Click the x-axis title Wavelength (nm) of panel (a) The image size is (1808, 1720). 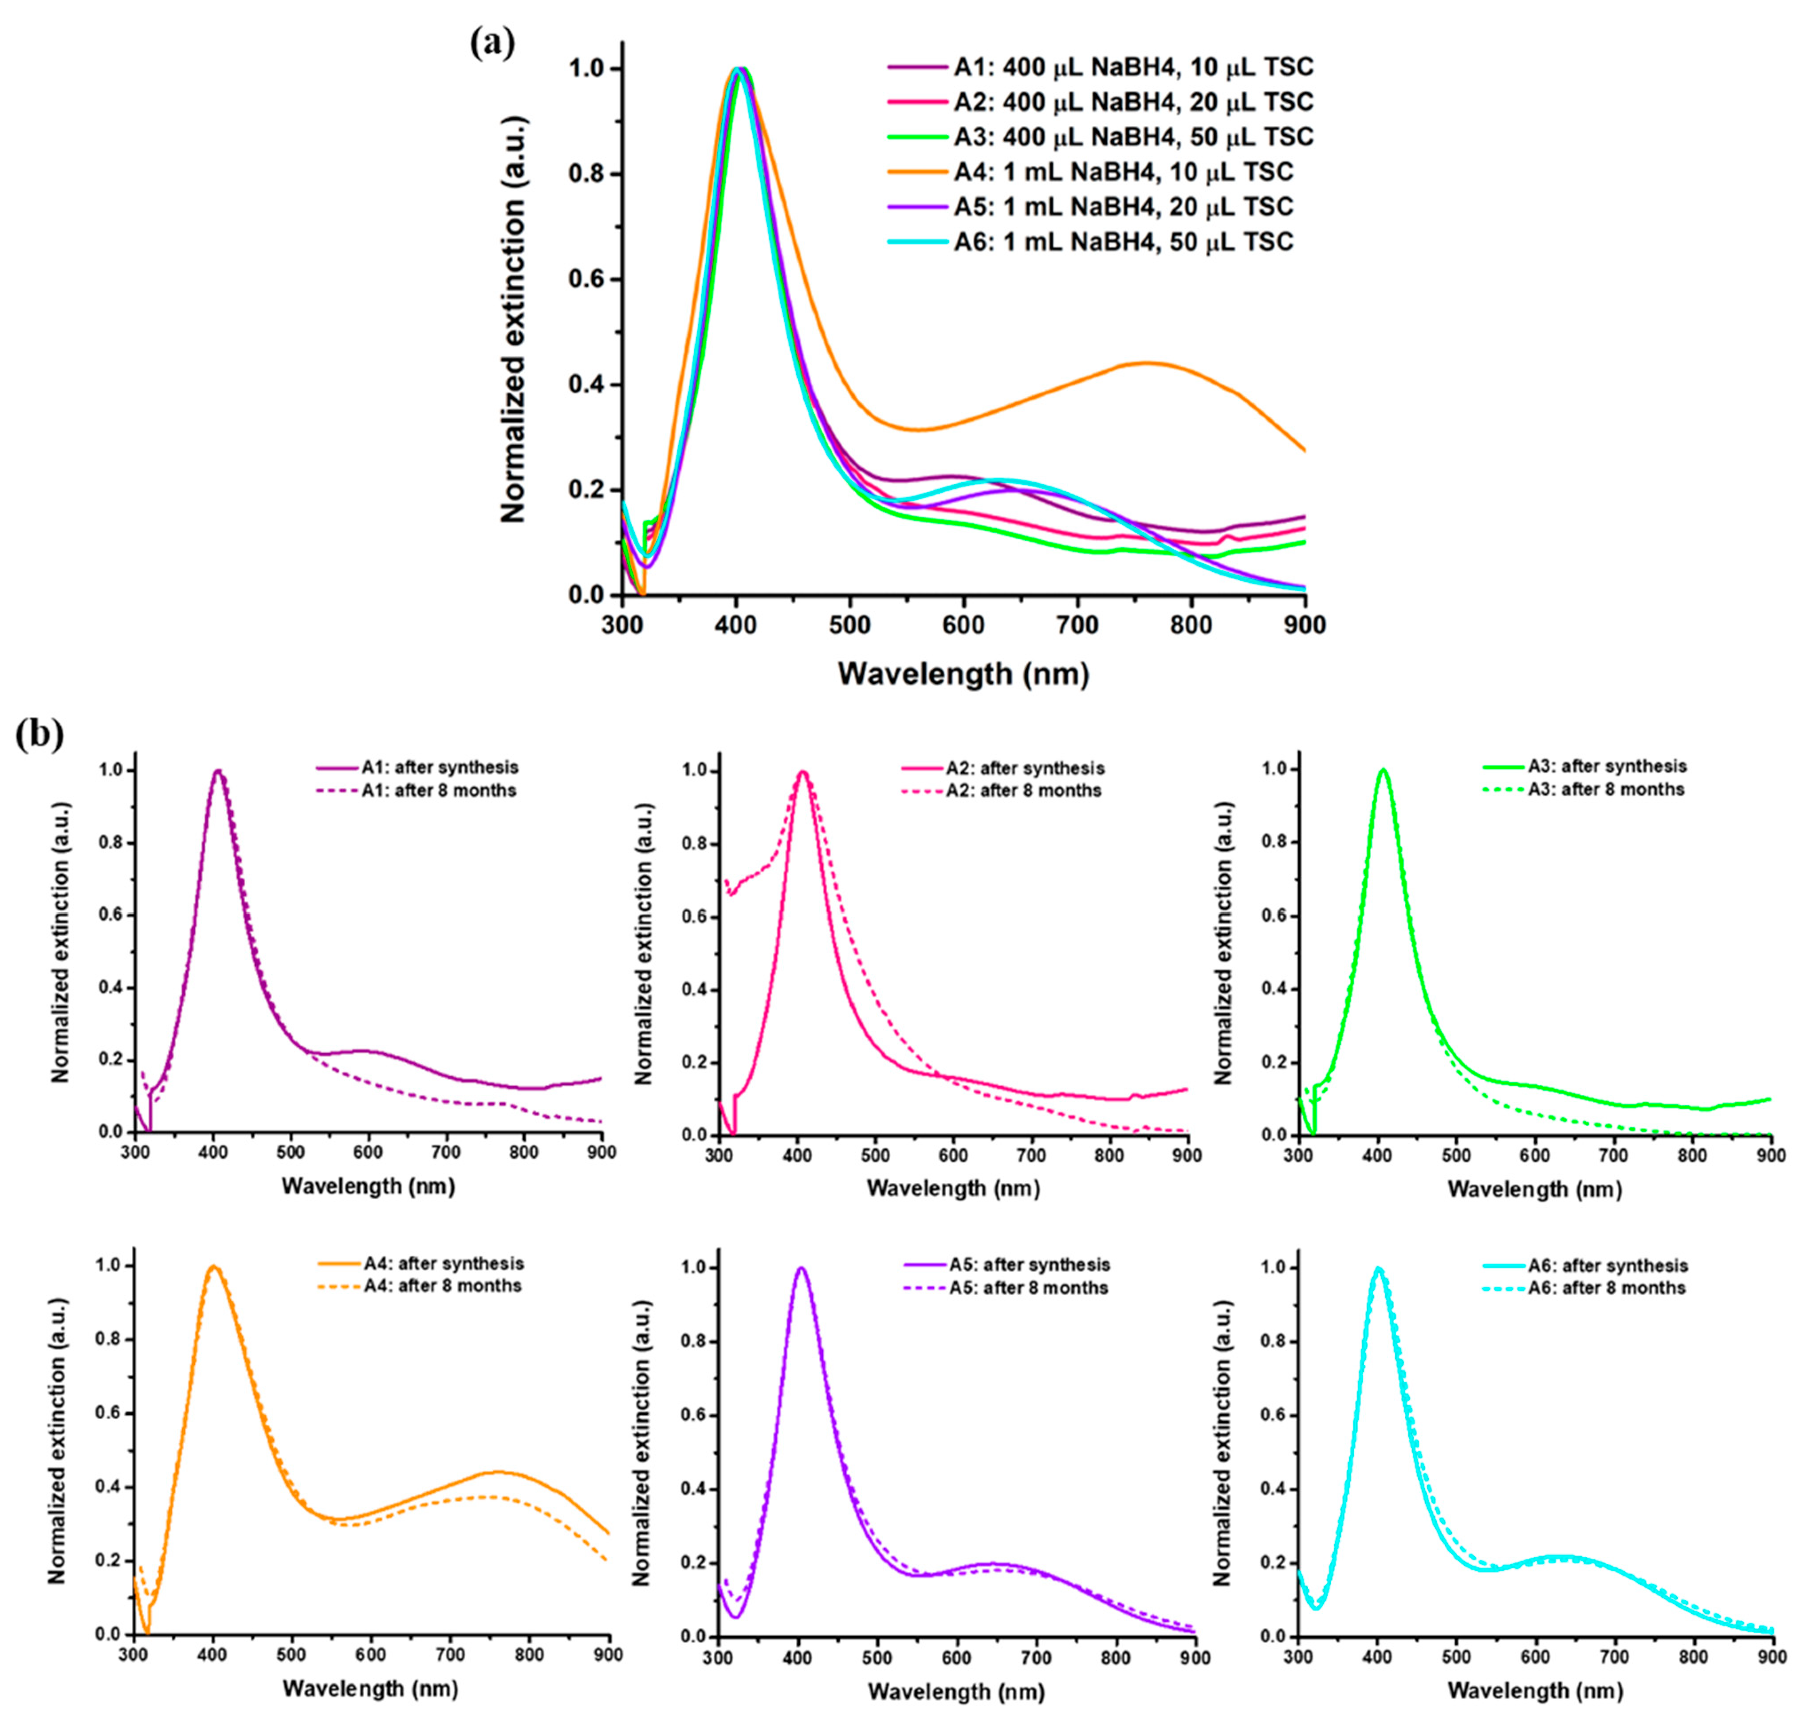[963, 674]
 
